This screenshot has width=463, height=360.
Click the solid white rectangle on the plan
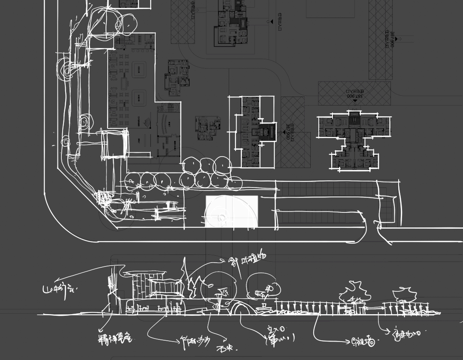[232, 211]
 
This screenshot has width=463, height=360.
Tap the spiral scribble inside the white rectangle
[221, 218]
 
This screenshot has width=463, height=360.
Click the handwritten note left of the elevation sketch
[59, 289]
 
